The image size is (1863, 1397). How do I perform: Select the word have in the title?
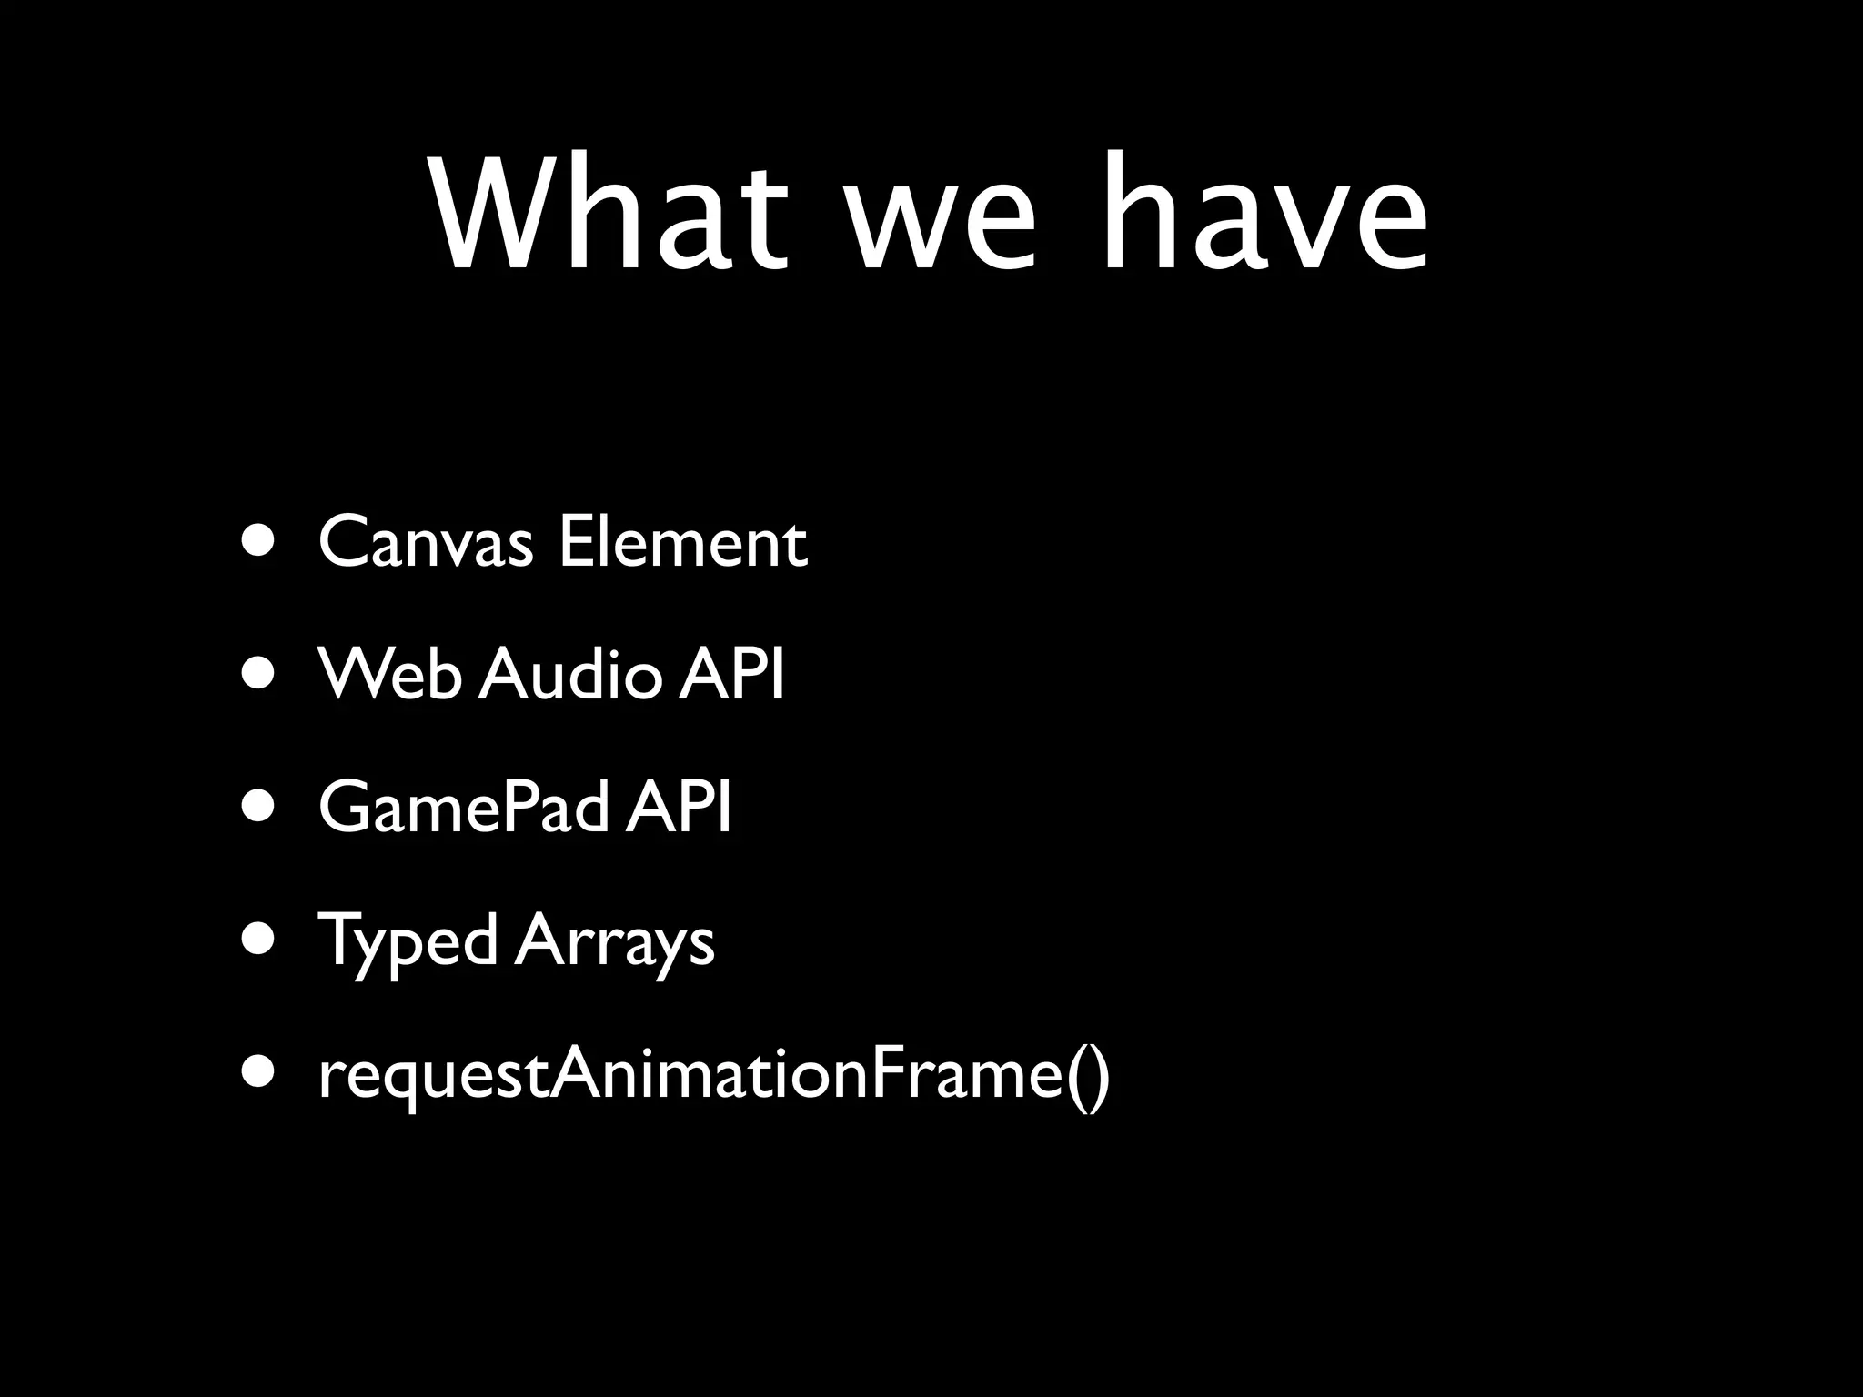(1264, 214)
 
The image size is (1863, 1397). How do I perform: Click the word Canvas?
(425, 543)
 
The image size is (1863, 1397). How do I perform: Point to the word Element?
(682, 543)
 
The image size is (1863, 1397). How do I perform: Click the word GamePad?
(463, 808)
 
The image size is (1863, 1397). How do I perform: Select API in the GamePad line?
(679, 808)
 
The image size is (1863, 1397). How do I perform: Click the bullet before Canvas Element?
(258, 543)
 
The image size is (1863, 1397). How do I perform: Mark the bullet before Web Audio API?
(258, 676)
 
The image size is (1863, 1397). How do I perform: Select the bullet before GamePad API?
(258, 808)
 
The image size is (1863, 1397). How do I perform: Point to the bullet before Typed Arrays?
(258, 940)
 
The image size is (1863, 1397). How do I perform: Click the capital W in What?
(491, 214)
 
